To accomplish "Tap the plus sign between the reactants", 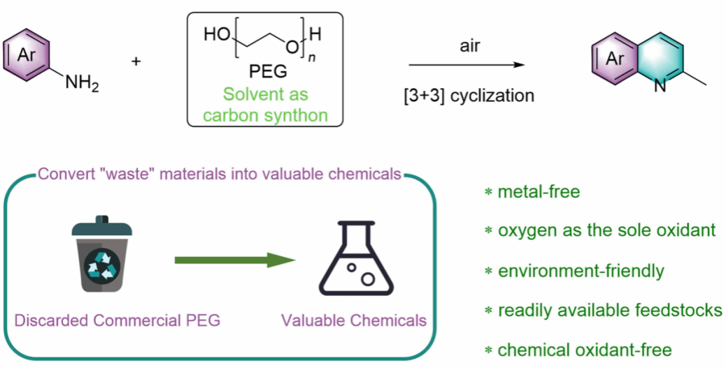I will click(x=136, y=62).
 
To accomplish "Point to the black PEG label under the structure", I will click(x=266, y=73).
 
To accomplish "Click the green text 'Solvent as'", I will click(x=266, y=94).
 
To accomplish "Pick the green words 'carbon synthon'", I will click(x=266, y=114).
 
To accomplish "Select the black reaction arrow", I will click(x=467, y=65).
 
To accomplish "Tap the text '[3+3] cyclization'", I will click(x=469, y=95).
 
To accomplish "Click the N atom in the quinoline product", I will click(x=658, y=86).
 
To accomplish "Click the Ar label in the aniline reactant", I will click(x=27, y=54).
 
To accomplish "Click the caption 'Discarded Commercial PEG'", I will click(x=117, y=320).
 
